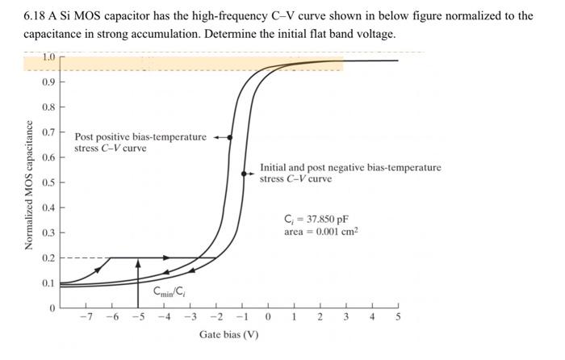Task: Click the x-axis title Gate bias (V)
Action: [229, 334]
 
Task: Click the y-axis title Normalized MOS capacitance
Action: [29, 185]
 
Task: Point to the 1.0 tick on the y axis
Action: [48, 57]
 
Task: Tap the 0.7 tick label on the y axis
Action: [48, 132]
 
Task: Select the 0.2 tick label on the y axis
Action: [48, 258]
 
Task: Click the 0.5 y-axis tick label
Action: [48, 182]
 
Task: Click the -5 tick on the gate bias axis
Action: [138, 317]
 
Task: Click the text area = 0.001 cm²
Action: [320, 232]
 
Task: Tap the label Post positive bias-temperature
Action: [140, 137]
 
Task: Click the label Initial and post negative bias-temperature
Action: [350, 167]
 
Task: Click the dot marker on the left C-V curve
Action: [230, 138]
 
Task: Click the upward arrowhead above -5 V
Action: [138, 262]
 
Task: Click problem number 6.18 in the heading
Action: [36, 15]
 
